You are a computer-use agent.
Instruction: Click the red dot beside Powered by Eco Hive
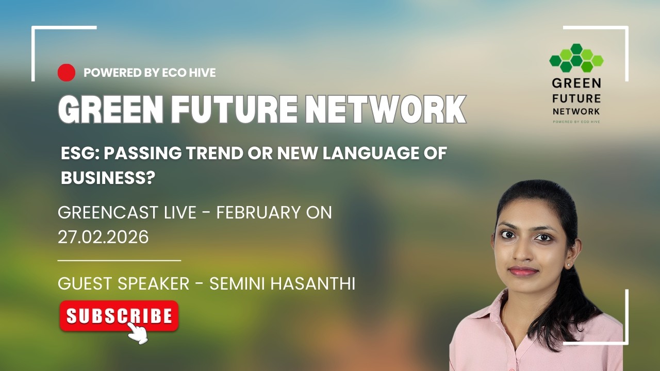coord(67,73)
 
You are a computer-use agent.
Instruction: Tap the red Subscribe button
coord(119,315)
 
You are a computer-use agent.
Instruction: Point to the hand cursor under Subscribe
coord(137,332)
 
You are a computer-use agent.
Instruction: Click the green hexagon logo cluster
coord(576,58)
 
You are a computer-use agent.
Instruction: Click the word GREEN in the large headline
coord(106,109)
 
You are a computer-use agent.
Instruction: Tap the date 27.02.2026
coord(103,237)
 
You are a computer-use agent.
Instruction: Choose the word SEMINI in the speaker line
coord(233,284)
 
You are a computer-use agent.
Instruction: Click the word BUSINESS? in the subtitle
coord(108,178)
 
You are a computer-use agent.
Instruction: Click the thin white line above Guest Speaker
coord(119,261)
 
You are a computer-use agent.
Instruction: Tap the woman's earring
coord(568,264)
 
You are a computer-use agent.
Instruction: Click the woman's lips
coord(523,271)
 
